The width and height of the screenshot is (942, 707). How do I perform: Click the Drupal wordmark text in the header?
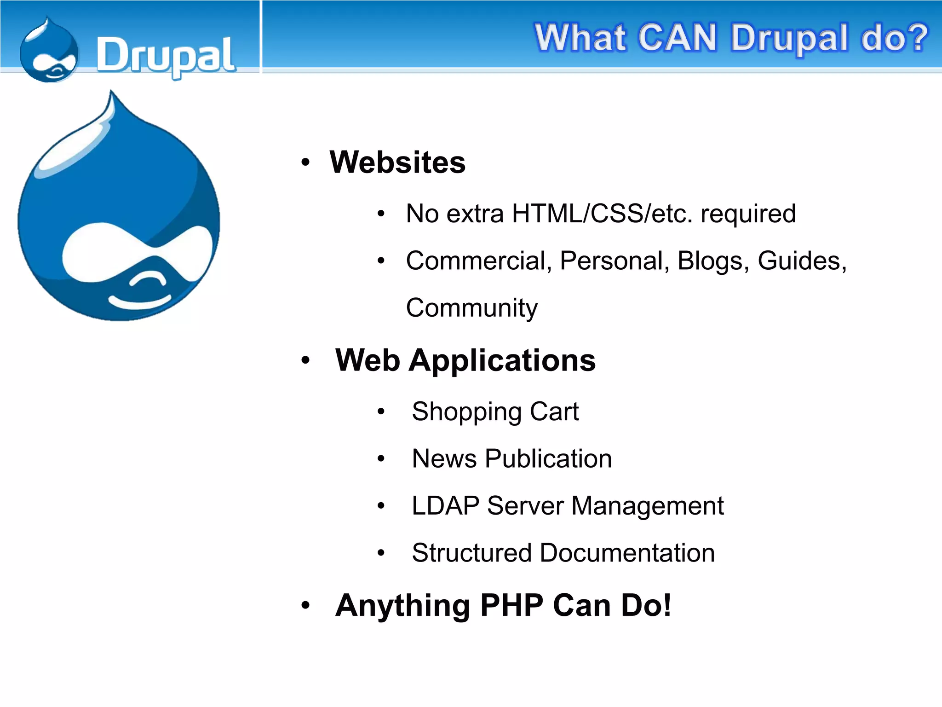166,56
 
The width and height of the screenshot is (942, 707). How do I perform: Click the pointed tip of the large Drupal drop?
111,94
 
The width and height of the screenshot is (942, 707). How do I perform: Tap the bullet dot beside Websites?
305,162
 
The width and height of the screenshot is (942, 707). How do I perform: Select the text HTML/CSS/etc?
602,214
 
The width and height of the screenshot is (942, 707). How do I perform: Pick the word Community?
471,308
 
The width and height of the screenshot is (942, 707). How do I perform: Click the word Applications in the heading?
502,360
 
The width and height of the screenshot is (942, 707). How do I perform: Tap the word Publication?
548,459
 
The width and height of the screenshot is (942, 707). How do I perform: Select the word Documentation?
627,553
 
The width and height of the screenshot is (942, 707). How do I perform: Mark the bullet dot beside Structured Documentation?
381,553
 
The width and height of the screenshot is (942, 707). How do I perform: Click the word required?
748,214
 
